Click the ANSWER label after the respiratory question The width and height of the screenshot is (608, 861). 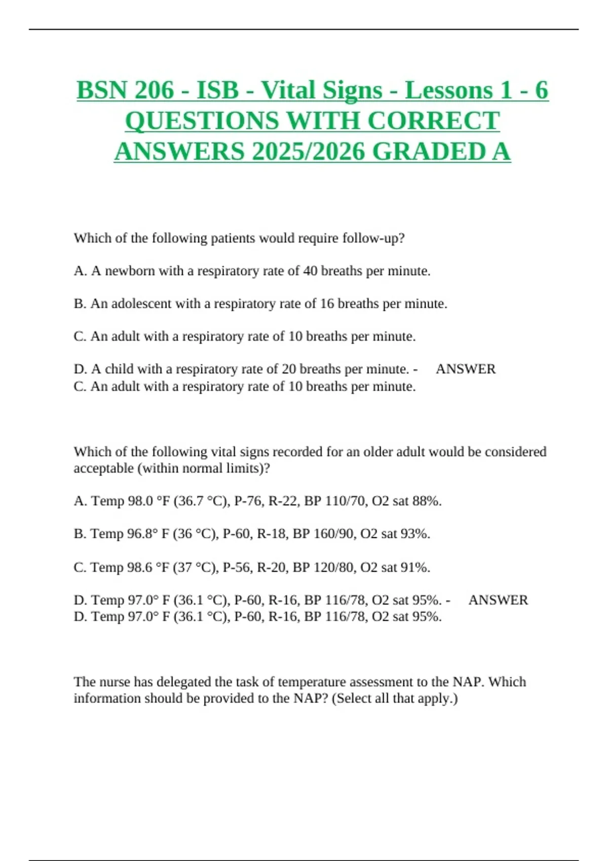click(x=466, y=369)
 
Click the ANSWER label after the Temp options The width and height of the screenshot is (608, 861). click(x=498, y=600)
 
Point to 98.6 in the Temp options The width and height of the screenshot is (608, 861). click(x=140, y=567)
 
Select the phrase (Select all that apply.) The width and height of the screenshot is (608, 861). click(x=395, y=698)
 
